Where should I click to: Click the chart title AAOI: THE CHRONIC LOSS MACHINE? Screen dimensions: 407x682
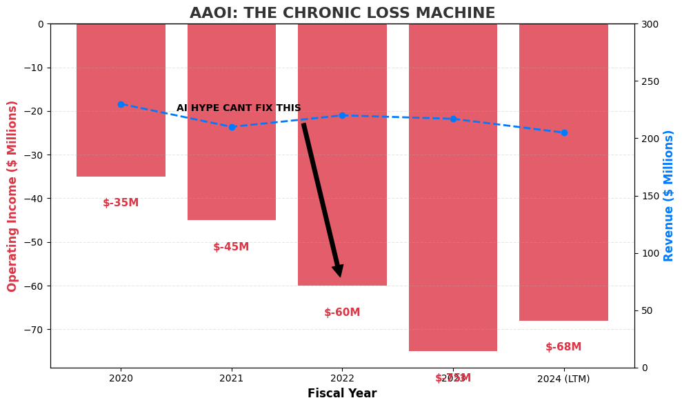pyautogui.click(x=342, y=13)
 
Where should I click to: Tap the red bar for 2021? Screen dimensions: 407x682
pyautogui.click(x=232, y=166)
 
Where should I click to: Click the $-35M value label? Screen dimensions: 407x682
pyautogui.click(x=121, y=203)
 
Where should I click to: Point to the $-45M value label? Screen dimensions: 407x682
pyautogui.click(x=231, y=247)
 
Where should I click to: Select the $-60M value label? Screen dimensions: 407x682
pyautogui.click(x=342, y=312)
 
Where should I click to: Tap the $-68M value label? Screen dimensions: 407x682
pyautogui.click(x=563, y=347)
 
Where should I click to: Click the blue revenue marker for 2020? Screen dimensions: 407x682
pyautogui.click(x=121, y=104)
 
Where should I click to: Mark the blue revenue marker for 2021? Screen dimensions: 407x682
pyautogui.click(x=232, y=127)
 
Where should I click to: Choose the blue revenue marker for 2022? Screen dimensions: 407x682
pyautogui.click(x=342, y=115)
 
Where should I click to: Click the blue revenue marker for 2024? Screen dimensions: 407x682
pyautogui.click(x=563, y=132)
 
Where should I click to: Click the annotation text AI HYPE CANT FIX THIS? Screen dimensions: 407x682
pyautogui.click(x=239, y=108)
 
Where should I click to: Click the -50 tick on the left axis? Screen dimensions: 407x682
pyautogui.click(x=34, y=242)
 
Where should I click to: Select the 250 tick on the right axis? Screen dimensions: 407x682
pyautogui.click(x=650, y=81)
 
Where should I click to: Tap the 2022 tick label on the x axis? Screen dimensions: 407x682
pyautogui.click(x=342, y=378)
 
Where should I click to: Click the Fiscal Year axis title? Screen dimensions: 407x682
pyautogui.click(x=342, y=394)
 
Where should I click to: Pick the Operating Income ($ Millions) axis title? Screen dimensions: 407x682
pyautogui.click(x=12, y=196)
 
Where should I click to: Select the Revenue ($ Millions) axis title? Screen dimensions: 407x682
pyautogui.click(x=669, y=196)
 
